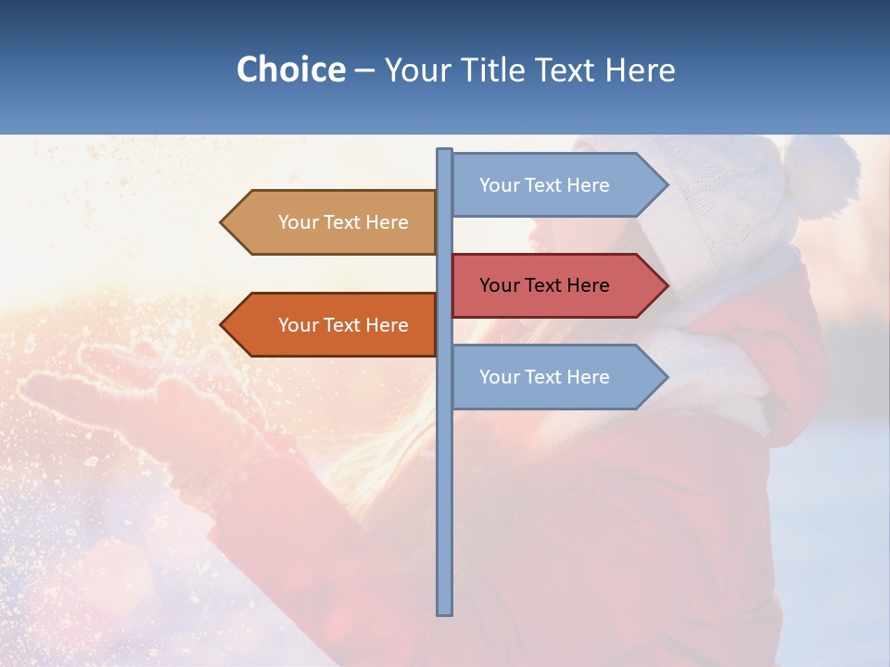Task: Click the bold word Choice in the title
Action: [x=290, y=69]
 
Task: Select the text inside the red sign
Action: [x=544, y=285]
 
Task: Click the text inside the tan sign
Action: [x=343, y=222]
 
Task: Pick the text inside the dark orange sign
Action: [x=343, y=325]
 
